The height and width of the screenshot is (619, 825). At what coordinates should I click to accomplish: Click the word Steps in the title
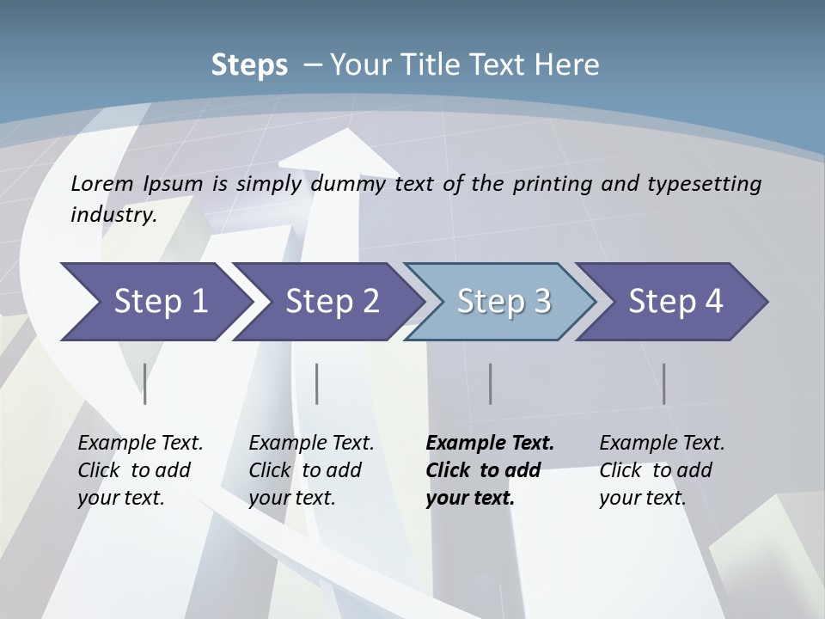coord(249,64)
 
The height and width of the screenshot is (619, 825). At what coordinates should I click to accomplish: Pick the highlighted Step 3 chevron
coord(504,302)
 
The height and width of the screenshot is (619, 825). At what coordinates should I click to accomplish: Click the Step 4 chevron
coord(675,302)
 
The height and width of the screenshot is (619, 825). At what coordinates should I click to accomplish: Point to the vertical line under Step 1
coord(145,383)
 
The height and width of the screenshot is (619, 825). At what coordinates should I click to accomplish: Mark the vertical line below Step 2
coord(317,383)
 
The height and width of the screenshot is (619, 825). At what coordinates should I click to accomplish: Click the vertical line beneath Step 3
coord(491,383)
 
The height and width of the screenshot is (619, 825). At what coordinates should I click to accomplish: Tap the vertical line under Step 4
coord(664,383)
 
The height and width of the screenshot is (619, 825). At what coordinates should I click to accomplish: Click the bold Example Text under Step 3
coord(490,470)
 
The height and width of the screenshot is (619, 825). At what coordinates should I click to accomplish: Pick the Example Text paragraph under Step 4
coord(662,470)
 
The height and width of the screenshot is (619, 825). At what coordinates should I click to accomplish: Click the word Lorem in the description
coord(102,183)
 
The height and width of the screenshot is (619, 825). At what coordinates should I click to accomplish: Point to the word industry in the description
coord(113,215)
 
